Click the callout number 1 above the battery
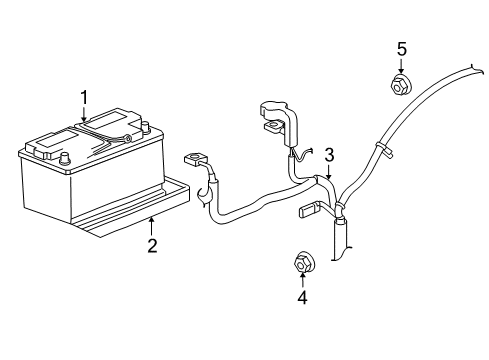85,97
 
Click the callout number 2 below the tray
151,245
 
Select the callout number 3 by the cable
327,154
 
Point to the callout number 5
401,48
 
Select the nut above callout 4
301,263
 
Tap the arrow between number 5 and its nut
401,66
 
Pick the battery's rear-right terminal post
146,126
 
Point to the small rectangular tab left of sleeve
308,211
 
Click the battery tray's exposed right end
180,195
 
